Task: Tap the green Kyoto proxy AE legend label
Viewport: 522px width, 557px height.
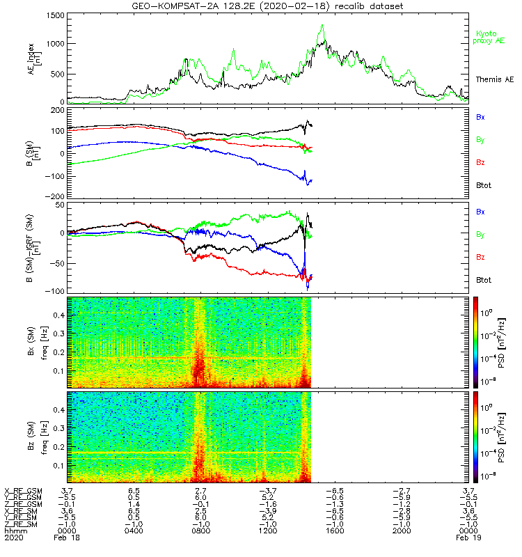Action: click(490, 37)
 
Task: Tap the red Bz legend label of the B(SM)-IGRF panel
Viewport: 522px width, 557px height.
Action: click(480, 258)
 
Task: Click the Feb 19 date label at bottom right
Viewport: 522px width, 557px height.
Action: click(467, 538)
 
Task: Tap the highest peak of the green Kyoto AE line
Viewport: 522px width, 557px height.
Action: click(322, 25)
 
